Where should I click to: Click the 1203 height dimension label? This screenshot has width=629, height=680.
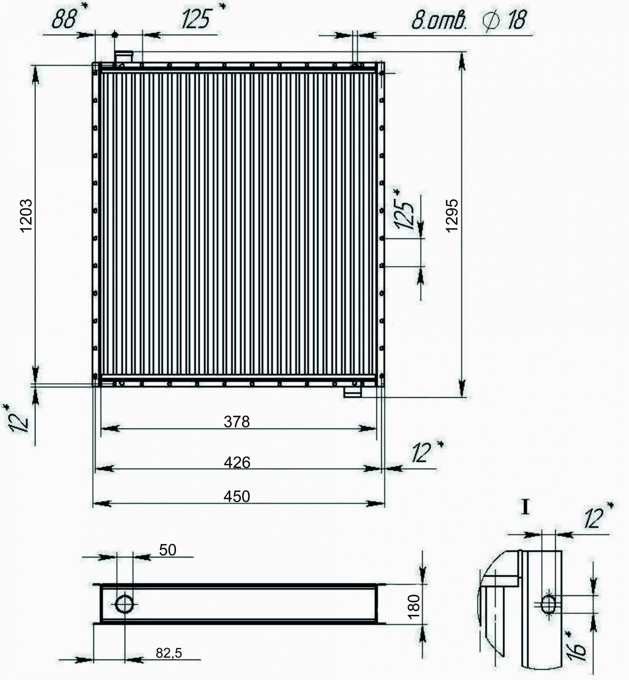(x=27, y=216)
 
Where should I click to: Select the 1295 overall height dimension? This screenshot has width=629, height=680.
(x=452, y=216)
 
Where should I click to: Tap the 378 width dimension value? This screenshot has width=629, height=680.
(x=237, y=422)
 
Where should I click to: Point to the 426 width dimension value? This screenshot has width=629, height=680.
(x=237, y=462)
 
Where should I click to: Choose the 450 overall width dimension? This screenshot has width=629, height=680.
(x=237, y=497)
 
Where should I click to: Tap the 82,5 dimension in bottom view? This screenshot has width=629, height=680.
(x=169, y=653)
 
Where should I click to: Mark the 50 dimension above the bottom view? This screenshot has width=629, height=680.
(x=168, y=550)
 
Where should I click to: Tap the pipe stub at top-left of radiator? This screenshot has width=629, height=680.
(x=124, y=56)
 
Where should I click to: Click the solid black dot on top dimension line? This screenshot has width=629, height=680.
(x=115, y=34)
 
